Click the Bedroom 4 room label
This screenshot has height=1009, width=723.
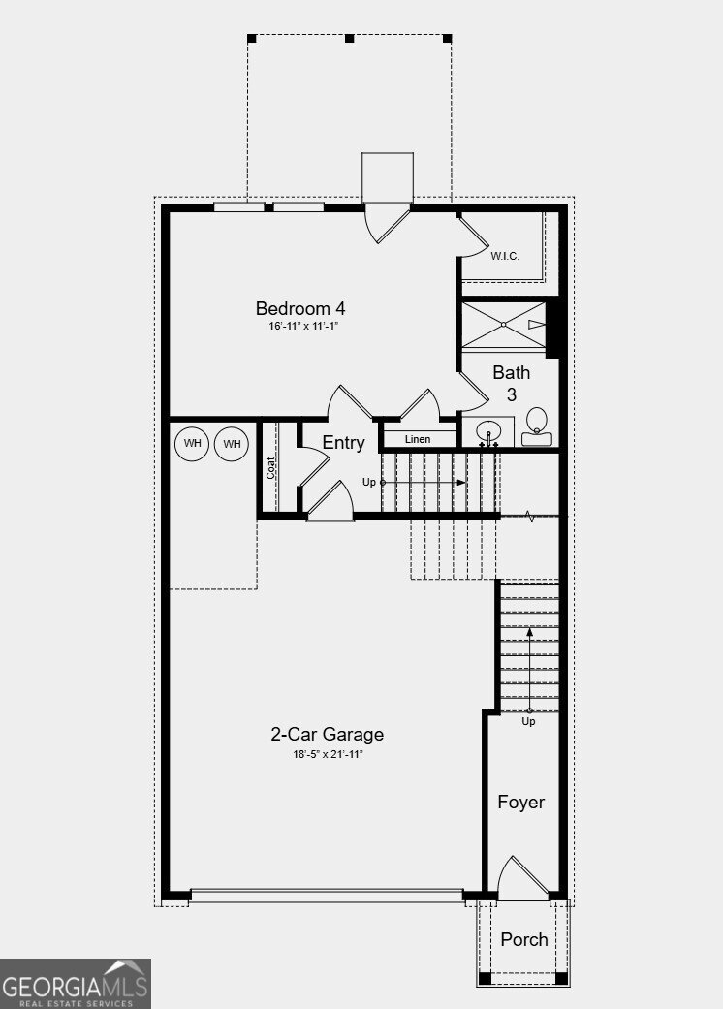coord(300,308)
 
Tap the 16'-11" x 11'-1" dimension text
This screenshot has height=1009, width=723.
coord(302,327)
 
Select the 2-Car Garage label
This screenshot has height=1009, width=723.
coord(327,735)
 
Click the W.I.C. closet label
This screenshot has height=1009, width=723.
coord(504,256)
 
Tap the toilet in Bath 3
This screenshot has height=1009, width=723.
coord(536,426)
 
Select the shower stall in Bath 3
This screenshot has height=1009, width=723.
coord(504,325)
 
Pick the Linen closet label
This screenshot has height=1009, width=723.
coord(418,440)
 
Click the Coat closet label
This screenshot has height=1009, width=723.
coord(271,467)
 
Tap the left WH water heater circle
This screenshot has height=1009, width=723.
coord(193,444)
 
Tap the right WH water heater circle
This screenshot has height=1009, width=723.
coord(232,444)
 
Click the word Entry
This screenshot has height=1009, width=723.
coord(343,443)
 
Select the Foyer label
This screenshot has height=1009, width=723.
coord(521,803)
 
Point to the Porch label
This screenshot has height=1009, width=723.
coord(524,939)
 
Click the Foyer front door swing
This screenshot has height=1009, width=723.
coord(521,877)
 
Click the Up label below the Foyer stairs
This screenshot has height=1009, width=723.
coord(529,721)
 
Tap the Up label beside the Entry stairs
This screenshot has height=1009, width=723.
coord(369,482)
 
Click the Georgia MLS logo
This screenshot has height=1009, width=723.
coord(76,984)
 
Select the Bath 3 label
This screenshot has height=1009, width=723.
coord(512,383)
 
